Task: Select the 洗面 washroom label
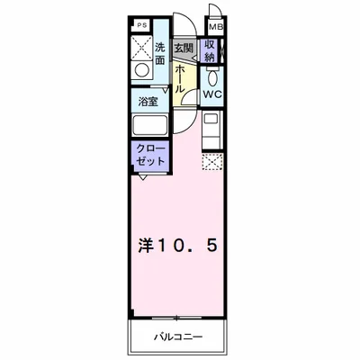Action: click(159, 53)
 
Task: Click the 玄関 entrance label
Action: click(183, 48)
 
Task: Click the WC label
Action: click(211, 94)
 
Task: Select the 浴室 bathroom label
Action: click(148, 101)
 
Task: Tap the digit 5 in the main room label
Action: click(210, 244)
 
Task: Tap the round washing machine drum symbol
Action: click(141, 71)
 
